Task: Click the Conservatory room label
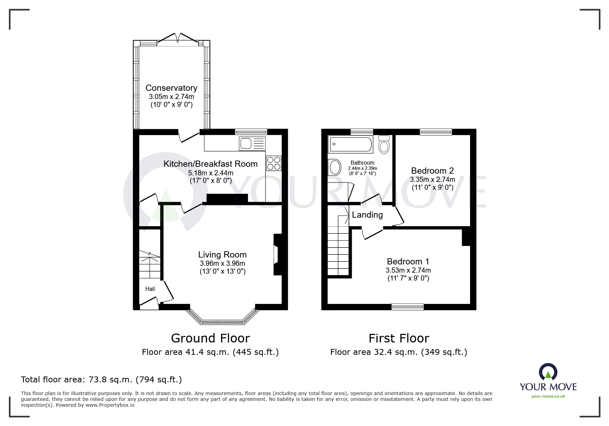point(171,88)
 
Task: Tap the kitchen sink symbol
point(252,143)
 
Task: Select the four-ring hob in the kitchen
point(274,163)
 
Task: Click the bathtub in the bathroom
point(350,144)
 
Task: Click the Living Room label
point(222,255)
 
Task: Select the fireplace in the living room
point(277,254)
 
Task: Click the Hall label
point(150,289)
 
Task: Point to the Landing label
point(367,215)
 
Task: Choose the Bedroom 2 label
point(432,171)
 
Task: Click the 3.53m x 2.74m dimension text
point(408,270)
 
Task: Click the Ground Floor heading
point(210,338)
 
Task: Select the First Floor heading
point(399,338)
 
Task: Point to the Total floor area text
point(101,380)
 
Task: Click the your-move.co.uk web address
point(548,396)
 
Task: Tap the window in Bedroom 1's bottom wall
point(408,307)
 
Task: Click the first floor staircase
point(339,248)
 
